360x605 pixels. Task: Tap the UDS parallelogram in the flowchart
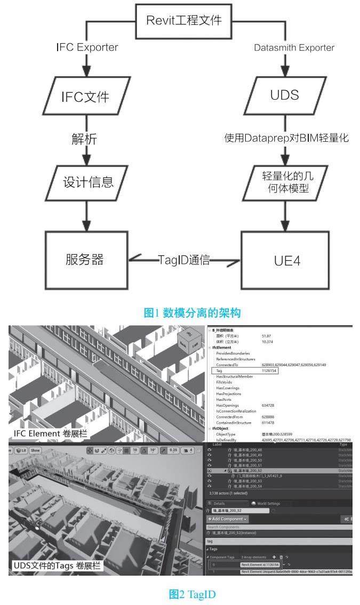point(284,95)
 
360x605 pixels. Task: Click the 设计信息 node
point(85,182)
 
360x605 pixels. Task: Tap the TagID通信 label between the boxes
point(183,260)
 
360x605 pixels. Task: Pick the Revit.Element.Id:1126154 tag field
point(260,564)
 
